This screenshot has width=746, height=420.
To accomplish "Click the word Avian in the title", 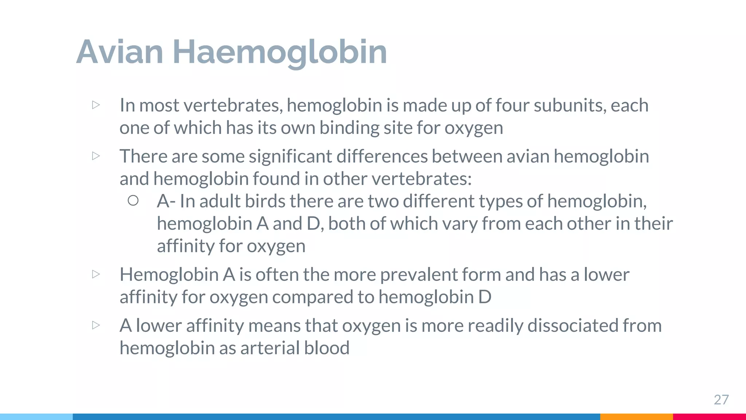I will click(x=119, y=52).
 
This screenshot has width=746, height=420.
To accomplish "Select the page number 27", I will click(x=721, y=400).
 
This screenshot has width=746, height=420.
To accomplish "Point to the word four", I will click(x=512, y=105).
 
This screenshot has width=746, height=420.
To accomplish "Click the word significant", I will click(x=290, y=156).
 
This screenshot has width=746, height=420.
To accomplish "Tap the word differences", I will click(x=381, y=156).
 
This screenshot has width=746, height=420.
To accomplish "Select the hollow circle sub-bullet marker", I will click(x=133, y=201).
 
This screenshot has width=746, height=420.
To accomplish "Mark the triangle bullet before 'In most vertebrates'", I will click(x=96, y=105).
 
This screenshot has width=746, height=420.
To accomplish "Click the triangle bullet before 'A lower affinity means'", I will click(x=96, y=325).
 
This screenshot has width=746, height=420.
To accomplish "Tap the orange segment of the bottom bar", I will click(x=636, y=417).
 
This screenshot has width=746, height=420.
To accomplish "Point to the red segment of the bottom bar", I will click(x=709, y=417).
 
